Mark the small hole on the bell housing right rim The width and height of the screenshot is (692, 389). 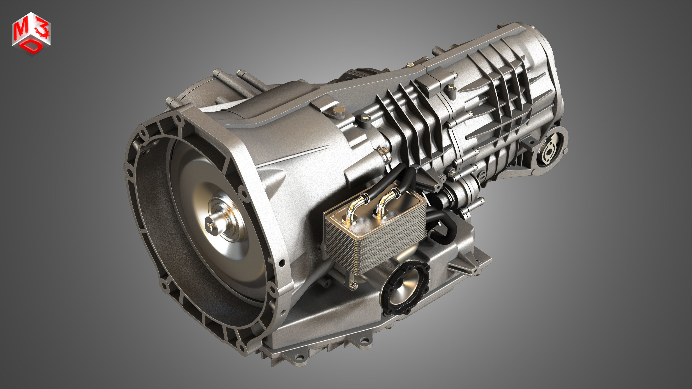pyautogui.click(x=282, y=263)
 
